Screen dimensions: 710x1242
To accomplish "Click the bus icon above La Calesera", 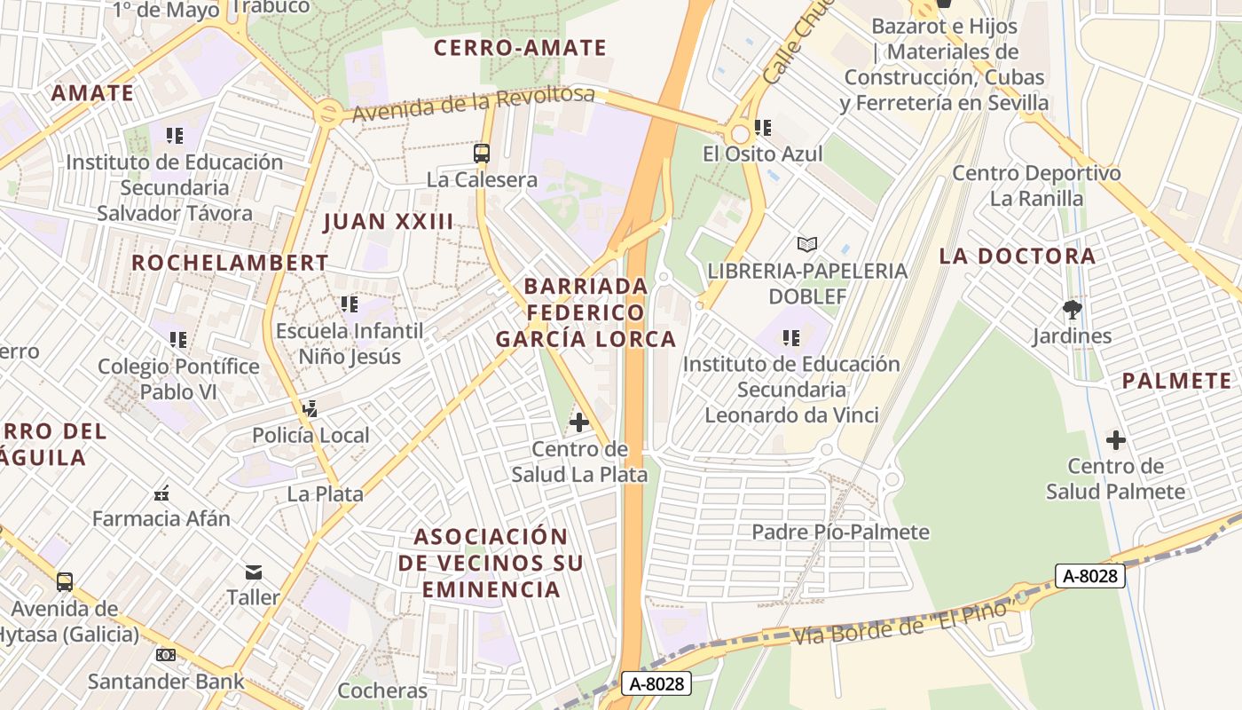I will (482, 154).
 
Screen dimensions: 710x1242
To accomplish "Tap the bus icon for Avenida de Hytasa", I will (65, 582).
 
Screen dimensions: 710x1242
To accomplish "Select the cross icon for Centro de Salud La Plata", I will (579, 422).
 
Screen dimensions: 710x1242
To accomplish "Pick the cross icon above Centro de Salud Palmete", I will (1116, 439).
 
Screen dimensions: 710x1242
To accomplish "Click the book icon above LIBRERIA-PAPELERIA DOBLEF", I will (806, 244).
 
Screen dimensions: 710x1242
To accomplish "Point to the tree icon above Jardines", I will (1073, 310).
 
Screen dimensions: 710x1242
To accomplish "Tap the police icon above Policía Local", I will (310, 409).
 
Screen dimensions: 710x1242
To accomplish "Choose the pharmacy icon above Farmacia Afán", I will (161, 493).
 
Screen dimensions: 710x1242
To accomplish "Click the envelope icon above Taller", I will (254, 572).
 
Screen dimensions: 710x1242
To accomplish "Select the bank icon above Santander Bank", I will (165, 655).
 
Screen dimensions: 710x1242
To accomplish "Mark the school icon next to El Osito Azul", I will (763, 128).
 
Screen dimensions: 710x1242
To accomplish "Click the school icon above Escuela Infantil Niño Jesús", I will (350, 304).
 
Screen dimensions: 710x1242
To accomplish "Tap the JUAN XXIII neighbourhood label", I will (389, 222).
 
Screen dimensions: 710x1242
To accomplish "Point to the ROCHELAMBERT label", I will (230, 263).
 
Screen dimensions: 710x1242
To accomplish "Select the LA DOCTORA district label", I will (1018, 256).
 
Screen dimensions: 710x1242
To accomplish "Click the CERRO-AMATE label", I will (520, 48).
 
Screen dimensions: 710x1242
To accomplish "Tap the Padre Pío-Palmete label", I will (840, 532).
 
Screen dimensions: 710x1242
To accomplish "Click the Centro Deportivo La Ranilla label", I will (1036, 185).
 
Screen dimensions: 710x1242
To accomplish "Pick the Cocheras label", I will (382, 690).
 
